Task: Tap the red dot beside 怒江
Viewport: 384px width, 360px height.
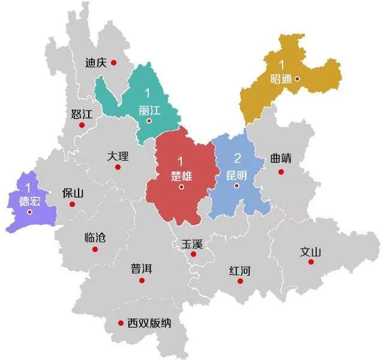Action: click(82, 125)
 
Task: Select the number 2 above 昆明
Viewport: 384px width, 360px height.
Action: click(237, 159)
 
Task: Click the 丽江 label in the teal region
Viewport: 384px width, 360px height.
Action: click(149, 110)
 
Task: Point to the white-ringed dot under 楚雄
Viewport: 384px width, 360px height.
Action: click(181, 187)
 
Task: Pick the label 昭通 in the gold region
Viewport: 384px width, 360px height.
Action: click(283, 79)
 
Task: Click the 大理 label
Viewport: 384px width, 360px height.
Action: click(118, 156)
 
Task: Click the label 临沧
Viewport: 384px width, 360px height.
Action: click(95, 237)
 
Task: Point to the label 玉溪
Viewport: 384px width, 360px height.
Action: click(193, 244)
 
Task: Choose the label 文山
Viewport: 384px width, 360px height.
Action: click(311, 252)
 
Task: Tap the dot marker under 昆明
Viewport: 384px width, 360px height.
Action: click(237, 185)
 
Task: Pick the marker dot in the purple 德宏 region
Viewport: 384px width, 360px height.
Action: click(29, 212)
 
